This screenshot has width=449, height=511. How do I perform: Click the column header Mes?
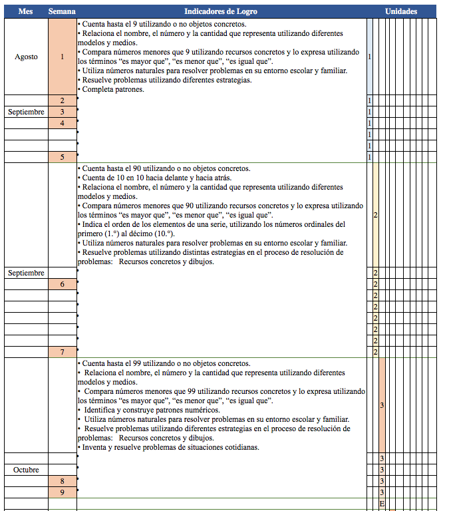coord(26,12)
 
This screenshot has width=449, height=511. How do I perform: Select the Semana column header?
coord(62,12)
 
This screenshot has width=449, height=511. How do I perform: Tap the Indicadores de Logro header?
coord(221,12)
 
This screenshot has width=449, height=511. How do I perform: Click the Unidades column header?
coord(401,12)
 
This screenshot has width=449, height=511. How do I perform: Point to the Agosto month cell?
coord(26,57)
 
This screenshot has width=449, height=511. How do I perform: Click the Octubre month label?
coord(26,470)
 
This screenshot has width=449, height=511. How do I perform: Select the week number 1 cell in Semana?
coord(62,57)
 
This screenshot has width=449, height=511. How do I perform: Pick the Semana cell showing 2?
coord(62,100)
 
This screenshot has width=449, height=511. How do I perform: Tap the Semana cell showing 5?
coord(62,157)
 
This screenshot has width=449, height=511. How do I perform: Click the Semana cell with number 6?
coord(62,284)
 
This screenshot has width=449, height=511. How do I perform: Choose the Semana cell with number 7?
coord(62,351)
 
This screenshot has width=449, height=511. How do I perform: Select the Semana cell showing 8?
coord(62,481)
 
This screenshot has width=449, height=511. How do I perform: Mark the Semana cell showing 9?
coord(62,492)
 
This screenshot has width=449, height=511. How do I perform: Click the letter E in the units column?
coord(382,504)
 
